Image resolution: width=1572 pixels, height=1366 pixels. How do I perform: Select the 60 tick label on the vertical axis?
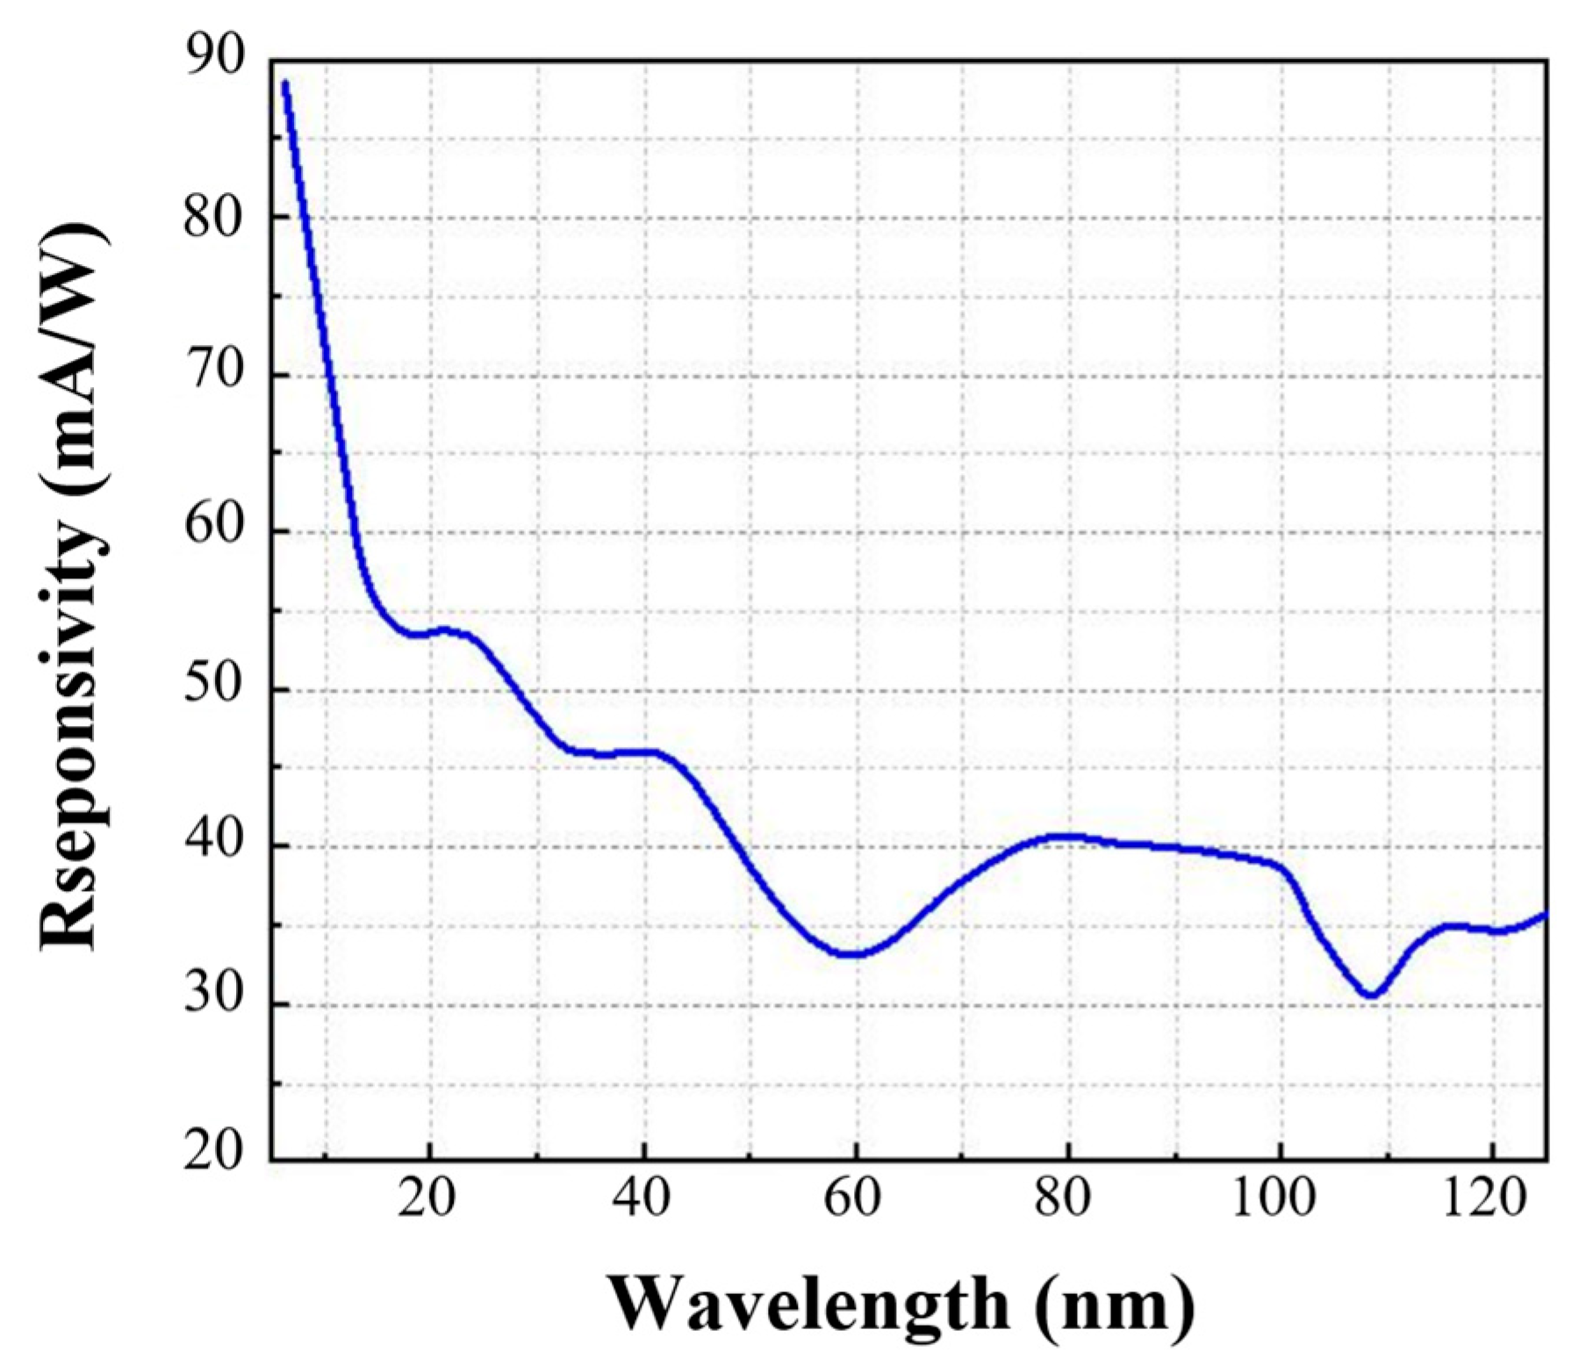coord(212,531)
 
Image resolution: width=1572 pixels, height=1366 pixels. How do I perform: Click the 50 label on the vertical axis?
coord(212,689)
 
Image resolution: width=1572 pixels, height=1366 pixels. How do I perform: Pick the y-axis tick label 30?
coord(212,1003)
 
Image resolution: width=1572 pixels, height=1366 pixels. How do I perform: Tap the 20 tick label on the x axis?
coord(427,1199)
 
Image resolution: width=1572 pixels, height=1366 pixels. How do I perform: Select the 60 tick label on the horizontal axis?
coord(853,1199)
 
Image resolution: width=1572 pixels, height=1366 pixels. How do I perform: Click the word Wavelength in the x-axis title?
coord(809,1305)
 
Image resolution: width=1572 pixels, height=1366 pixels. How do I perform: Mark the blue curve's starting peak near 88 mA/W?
coord(285,83)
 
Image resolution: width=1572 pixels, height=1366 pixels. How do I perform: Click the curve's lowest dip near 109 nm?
coord(1371,995)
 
